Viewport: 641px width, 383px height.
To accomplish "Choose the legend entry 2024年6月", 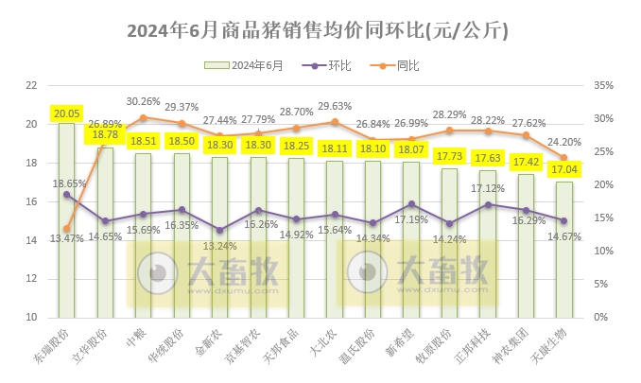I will [248, 65].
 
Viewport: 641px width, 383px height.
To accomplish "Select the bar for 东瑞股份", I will [66, 227].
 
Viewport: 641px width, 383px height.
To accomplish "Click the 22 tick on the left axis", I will [30, 85].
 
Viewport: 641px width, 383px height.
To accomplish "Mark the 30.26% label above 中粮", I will [143, 101].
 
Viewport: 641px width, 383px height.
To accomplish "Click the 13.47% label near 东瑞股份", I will [69, 237].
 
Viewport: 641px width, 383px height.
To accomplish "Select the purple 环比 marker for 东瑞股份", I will [66, 194].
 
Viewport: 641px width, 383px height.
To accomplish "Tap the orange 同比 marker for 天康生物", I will [563, 158].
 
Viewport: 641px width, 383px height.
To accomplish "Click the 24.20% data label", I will [563, 142].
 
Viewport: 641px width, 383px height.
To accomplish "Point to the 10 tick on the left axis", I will [30, 317].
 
